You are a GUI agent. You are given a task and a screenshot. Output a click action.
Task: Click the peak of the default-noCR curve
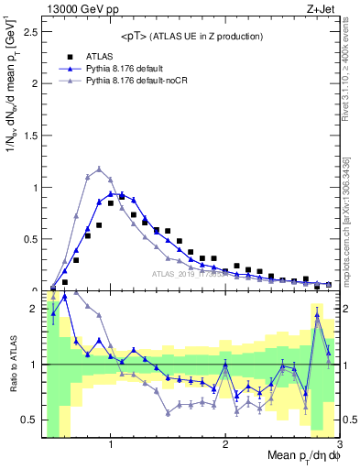tap(99, 169)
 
